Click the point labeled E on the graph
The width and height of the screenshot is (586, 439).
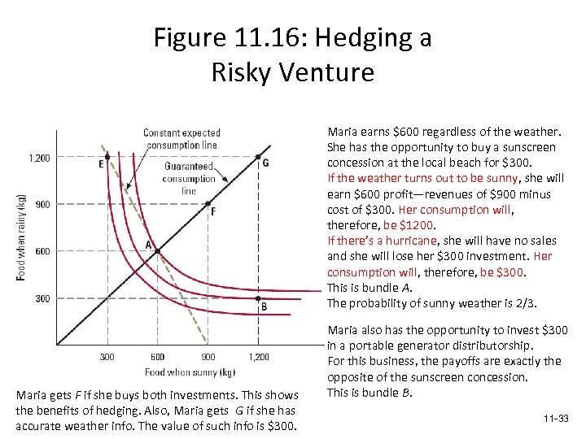pos(107,157)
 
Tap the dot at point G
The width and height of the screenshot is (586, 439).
pos(258,157)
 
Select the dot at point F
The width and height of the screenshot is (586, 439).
pos(208,203)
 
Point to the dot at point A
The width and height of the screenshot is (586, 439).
pos(158,250)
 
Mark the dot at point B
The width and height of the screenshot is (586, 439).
pos(258,298)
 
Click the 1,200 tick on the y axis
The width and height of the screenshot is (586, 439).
pos(39,158)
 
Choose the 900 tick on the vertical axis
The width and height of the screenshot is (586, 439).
pos(42,204)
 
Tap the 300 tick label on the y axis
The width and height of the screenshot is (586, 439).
pos(42,298)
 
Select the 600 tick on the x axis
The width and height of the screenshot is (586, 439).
pos(157,357)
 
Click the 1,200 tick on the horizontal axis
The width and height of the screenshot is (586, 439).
pos(258,357)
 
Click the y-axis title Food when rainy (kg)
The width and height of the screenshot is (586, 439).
pos(21,237)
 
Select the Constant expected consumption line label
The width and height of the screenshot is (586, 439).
pos(181,139)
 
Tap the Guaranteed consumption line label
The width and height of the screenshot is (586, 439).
pos(189,178)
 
